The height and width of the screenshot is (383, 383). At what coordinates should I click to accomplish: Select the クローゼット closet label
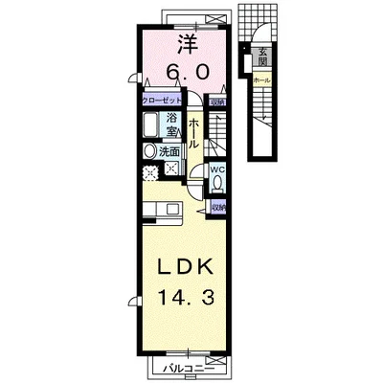162,100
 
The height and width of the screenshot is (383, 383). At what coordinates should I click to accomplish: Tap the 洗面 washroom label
169,151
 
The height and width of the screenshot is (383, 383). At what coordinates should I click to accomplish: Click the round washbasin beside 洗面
148,151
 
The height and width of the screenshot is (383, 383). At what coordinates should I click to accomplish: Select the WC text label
217,170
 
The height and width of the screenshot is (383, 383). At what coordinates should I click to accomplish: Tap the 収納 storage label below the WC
219,206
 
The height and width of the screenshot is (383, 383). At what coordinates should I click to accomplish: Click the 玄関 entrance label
261,56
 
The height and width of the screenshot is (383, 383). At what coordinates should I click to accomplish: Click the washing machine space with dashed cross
150,173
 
